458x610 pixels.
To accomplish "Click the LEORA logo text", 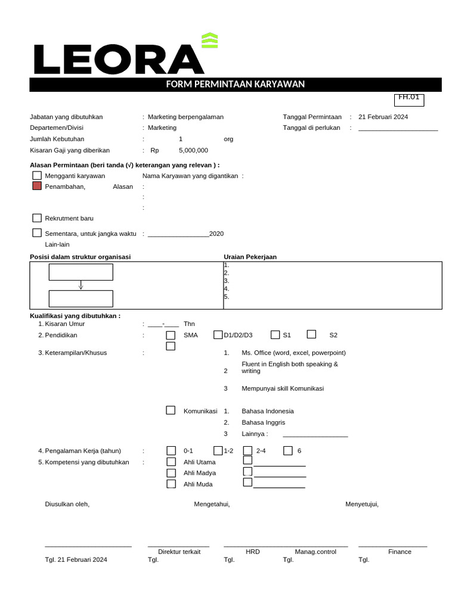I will click(x=118, y=60).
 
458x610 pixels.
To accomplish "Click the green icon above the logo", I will click(x=209, y=41).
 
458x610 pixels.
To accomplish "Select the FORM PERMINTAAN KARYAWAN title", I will click(x=235, y=85).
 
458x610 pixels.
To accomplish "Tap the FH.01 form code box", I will click(x=409, y=99).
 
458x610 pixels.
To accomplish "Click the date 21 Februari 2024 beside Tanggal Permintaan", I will click(x=383, y=117).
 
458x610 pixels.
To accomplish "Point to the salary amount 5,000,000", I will click(x=193, y=150).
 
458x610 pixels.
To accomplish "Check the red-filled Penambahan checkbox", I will click(x=37, y=186).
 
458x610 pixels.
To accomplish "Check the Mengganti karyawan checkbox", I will click(x=37, y=176).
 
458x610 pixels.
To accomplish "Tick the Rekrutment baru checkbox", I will click(x=37, y=218).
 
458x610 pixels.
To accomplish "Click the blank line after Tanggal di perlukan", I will click(x=398, y=129).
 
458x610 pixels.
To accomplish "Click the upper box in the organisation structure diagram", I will click(x=81, y=272).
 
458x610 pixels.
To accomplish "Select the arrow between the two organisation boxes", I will click(x=81, y=285).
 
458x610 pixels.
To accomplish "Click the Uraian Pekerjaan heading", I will click(x=250, y=257).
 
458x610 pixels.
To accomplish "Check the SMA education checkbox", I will click(x=171, y=335).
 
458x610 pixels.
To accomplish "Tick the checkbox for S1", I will click(x=275, y=335).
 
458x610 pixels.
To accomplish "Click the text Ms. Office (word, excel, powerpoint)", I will click(x=293, y=353).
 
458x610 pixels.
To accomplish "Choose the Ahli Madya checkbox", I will click(x=171, y=473).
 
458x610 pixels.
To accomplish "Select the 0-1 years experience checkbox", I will click(x=171, y=450).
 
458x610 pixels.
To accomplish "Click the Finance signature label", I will click(x=400, y=552).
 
